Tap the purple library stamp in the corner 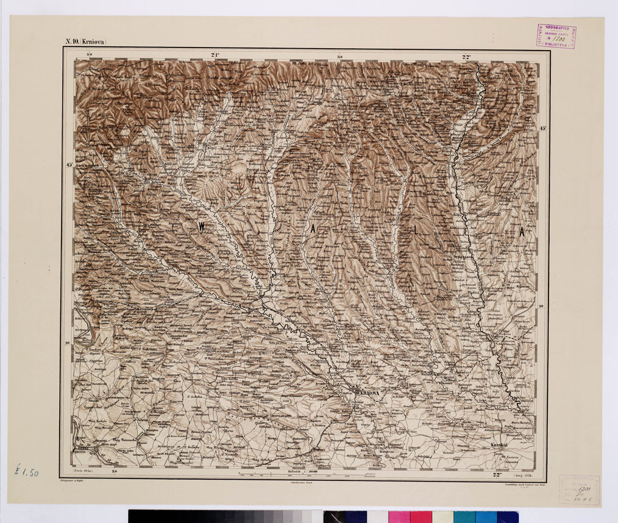pyautogui.click(x=556, y=35)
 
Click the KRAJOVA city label pyautogui.click(x=369, y=394)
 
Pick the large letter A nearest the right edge pyautogui.click(x=522, y=232)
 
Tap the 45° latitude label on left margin pyautogui.click(x=69, y=165)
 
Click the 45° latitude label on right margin pyautogui.click(x=543, y=129)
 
